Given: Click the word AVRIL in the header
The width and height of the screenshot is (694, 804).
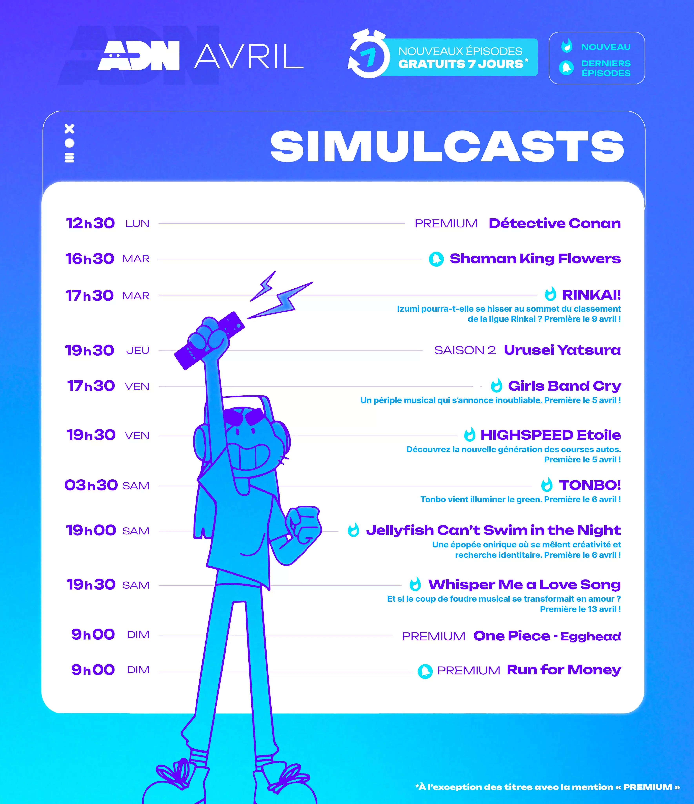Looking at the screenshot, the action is point(248,56).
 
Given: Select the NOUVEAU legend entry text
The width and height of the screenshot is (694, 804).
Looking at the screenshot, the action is point(606,47).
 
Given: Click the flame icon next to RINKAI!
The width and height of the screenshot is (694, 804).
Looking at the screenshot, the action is point(550,294).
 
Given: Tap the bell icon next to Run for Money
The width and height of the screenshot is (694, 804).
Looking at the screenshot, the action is point(425,671).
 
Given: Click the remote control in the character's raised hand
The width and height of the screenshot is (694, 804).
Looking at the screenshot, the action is point(209,340).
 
